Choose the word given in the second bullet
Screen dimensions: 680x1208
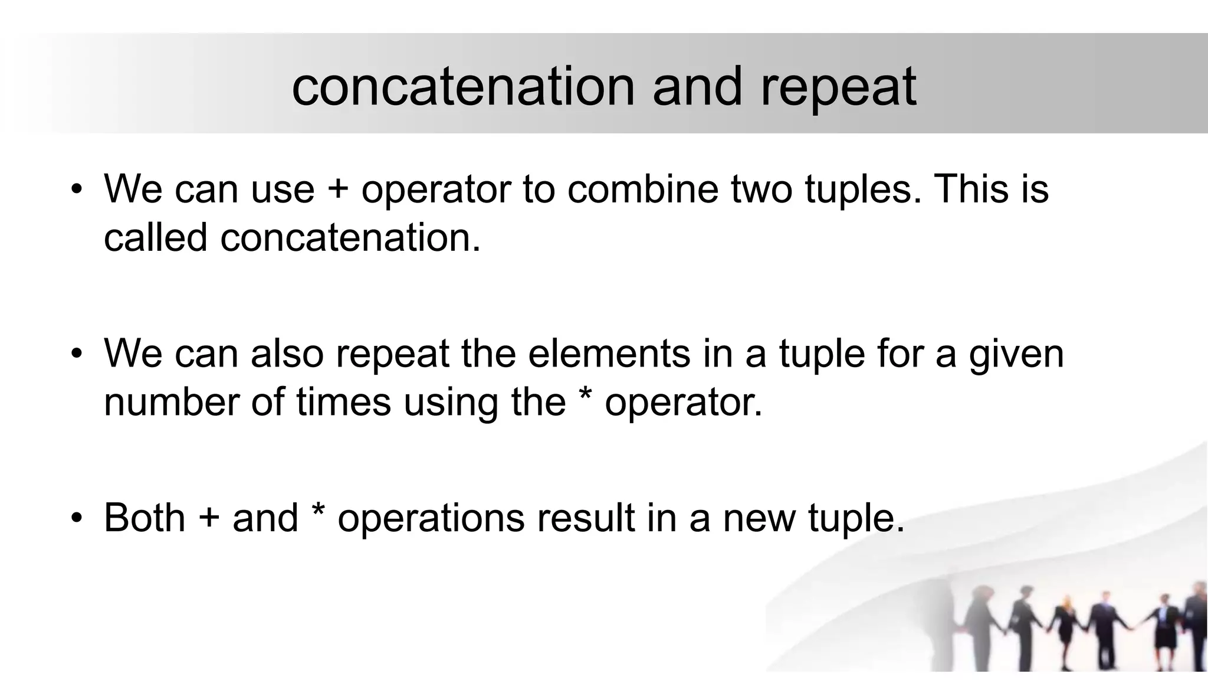(x=1016, y=354)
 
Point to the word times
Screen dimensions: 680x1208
(x=343, y=402)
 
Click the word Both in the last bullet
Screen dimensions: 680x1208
(x=145, y=518)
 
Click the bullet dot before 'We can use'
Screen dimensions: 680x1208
(x=75, y=190)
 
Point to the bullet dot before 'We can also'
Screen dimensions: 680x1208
(x=75, y=354)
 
